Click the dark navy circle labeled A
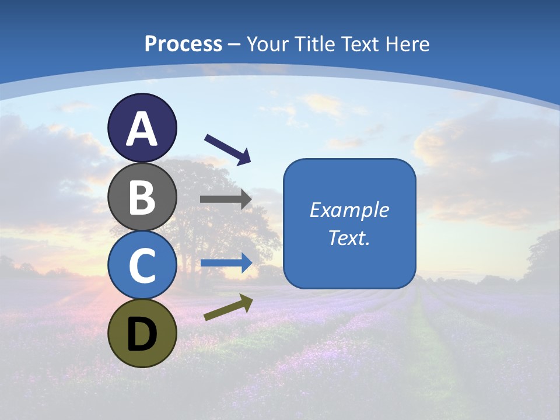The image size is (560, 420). click(142, 128)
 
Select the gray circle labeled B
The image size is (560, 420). click(142, 197)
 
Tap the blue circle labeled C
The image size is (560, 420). click(142, 265)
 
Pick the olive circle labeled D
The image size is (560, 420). click(142, 333)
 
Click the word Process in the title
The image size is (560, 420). click(183, 44)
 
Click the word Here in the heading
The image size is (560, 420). click(408, 44)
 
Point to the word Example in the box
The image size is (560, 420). click(349, 210)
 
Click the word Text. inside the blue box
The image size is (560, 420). click(349, 237)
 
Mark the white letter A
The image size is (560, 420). click(142, 129)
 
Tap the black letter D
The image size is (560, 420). click(142, 334)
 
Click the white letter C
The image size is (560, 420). click(142, 266)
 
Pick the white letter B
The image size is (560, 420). click(142, 197)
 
